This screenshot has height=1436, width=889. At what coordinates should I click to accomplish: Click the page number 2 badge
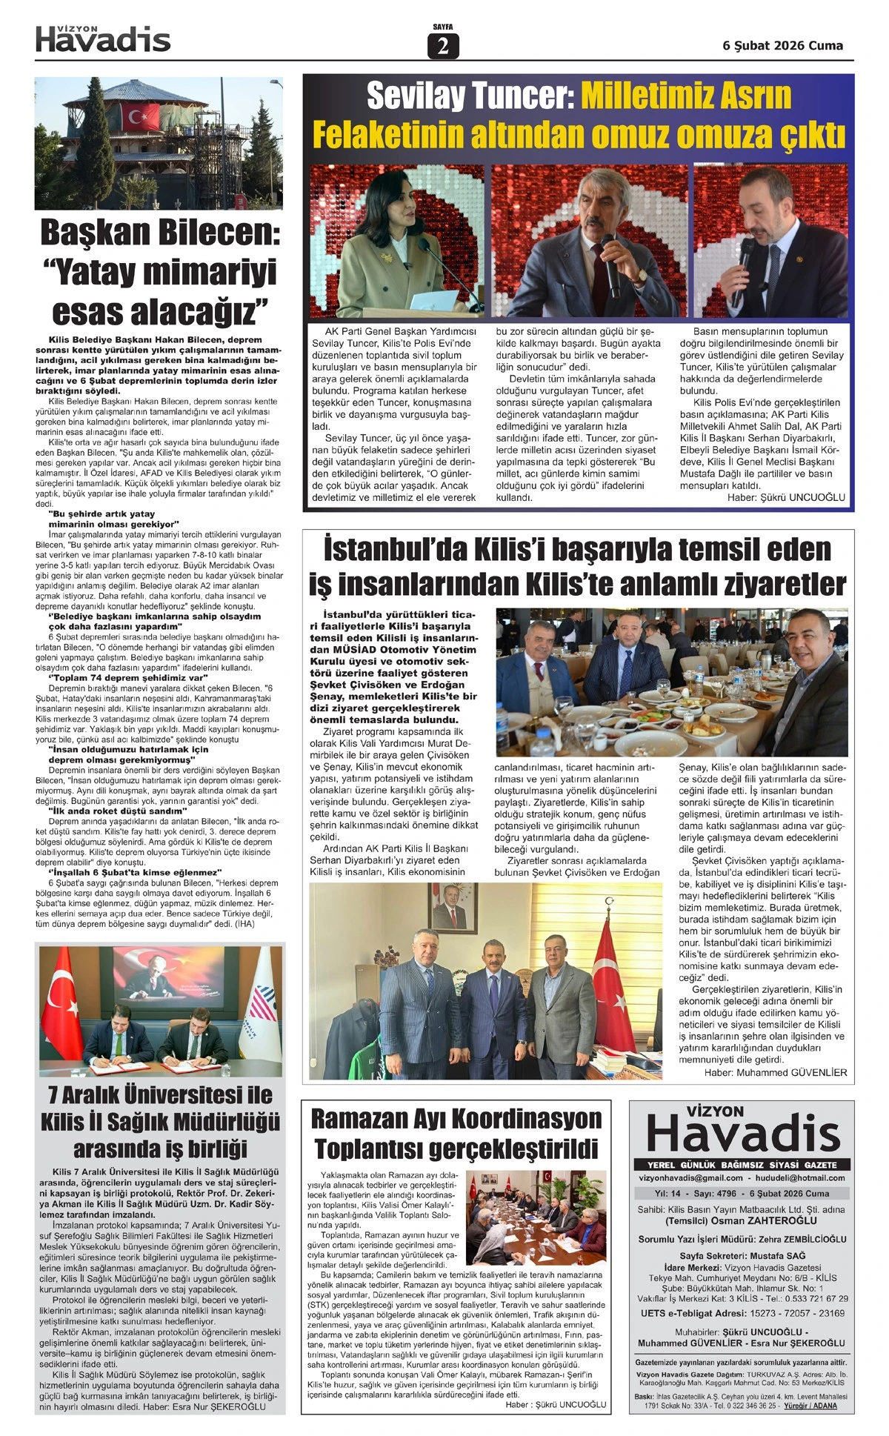pyautogui.click(x=443, y=47)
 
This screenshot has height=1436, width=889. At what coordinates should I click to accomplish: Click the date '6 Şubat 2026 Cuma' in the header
pyautogui.click(x=782, y=46)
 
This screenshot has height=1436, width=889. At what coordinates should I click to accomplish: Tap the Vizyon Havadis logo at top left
pyautogui.click(x=103, y=39)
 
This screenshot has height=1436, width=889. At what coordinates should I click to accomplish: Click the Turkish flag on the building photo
pyautogui.click(x=139, y=116)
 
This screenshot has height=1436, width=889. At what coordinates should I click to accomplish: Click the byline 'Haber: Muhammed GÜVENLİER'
pyautogui.click(x=774, y=1072)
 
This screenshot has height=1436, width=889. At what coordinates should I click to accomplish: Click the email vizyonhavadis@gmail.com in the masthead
pyautogui.click(x=690, y=1177)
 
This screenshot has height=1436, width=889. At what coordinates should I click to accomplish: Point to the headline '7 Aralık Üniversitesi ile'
pyautogui.click(x=160, y=1094)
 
